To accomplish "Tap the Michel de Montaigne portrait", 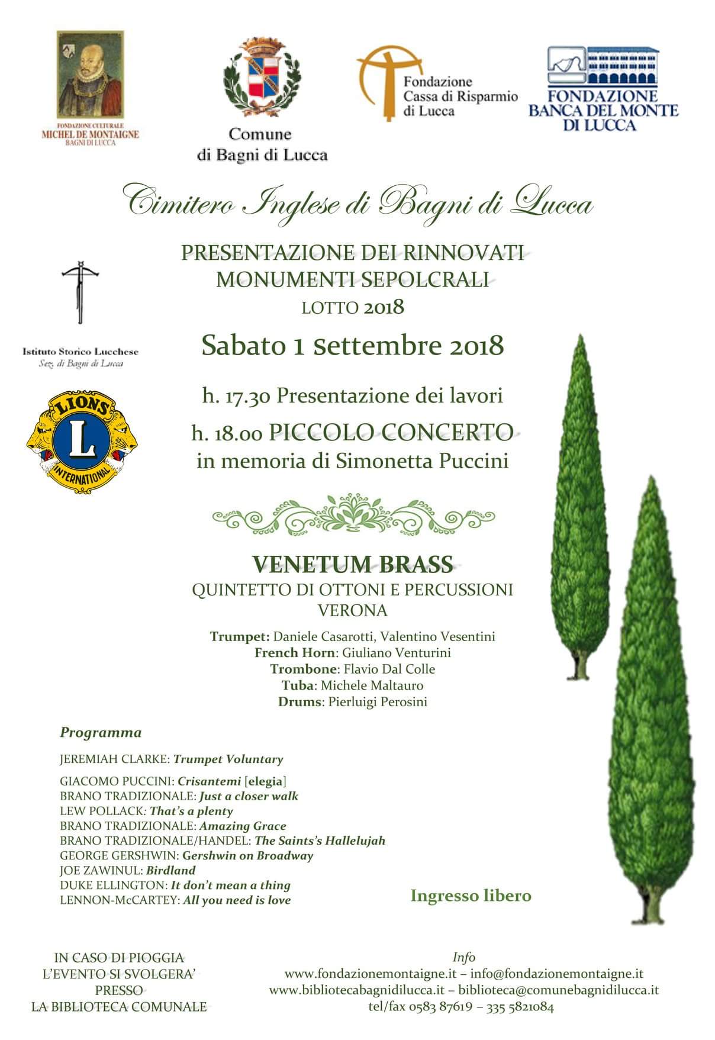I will coord(90,75).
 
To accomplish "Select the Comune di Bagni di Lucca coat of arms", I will coord(262,76).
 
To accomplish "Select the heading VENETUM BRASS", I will coord(353,565).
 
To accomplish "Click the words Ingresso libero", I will coord(471,896).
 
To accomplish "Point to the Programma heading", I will coord(101,733).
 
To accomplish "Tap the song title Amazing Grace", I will coord(243,826).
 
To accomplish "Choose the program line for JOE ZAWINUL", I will coord(127,870).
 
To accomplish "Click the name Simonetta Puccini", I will coord(422,461).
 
